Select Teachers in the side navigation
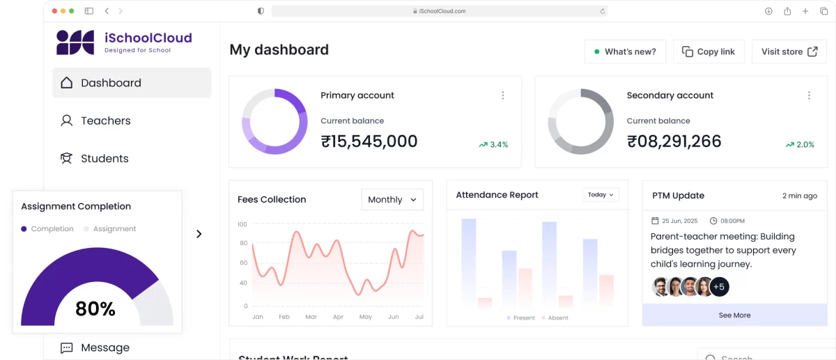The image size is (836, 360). (105, 120)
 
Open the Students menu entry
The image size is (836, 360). (104, 158)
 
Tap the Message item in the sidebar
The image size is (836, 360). (104, 347)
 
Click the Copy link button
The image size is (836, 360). (708, 52)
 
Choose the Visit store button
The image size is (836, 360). (789, 52)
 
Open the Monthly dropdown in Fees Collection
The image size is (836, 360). (392, 199)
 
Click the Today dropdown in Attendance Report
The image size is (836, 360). (601, 195)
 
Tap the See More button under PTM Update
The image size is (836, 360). (734, 315)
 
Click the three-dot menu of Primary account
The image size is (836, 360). (503, 95)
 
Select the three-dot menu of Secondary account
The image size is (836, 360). (809, 95)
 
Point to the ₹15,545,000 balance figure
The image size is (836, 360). (369, 142)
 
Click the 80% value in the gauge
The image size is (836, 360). (95, 308)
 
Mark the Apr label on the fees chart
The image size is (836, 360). (338, 317)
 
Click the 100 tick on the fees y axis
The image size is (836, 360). (242, 224)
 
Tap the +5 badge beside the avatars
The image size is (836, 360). (720, 286)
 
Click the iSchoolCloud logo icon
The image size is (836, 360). (75, 42)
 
